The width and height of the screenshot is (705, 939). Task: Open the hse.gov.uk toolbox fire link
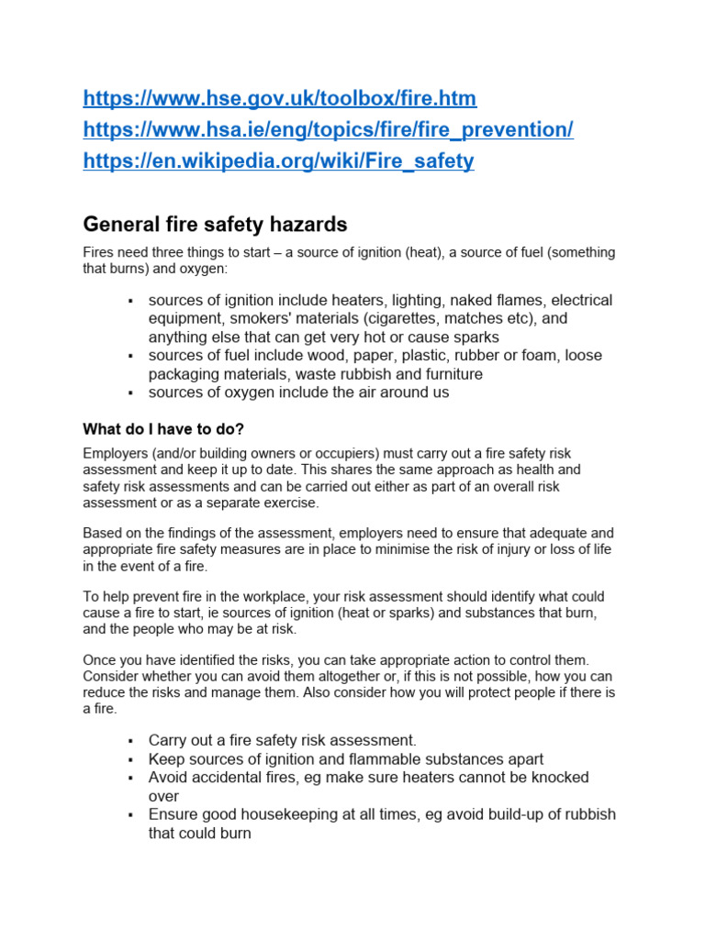point(280,98)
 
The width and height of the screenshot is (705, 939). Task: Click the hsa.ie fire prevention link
point(328,130)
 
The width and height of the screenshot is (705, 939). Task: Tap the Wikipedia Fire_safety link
point(278,161)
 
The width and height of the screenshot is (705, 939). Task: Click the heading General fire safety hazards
point(215,224)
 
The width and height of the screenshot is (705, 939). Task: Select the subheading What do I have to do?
point(163,429)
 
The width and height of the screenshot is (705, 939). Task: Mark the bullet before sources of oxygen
point(131,393)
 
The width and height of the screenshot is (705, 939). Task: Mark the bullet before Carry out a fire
point(131,741)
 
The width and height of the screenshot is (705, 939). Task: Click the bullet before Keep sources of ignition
point(131,760)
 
